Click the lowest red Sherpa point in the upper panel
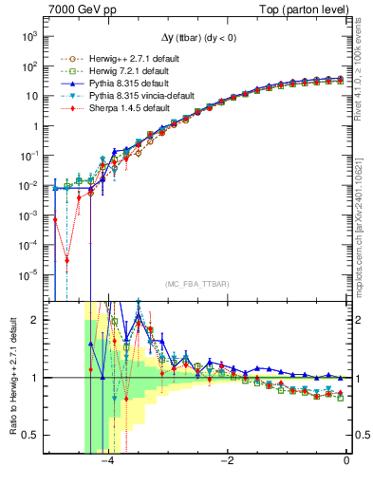[x=67, y=259]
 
